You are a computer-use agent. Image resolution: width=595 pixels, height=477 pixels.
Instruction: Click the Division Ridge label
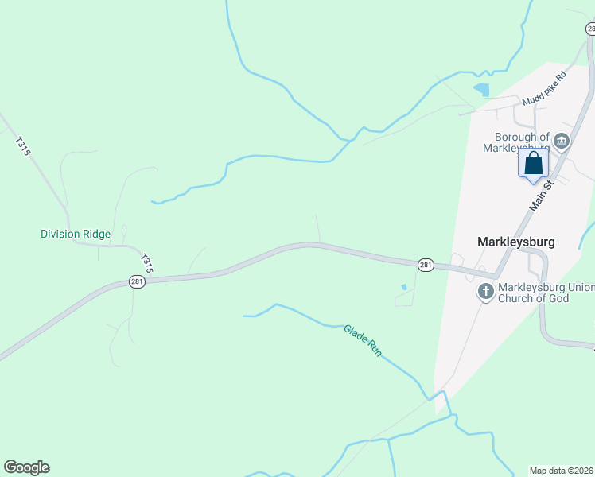coord(76,234)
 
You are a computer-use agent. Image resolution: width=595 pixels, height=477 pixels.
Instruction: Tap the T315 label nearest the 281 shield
coord(146,262)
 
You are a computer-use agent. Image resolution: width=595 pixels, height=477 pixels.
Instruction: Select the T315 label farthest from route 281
coord(22,146)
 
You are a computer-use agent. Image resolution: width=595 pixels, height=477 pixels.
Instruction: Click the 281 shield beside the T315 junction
coord(137,282)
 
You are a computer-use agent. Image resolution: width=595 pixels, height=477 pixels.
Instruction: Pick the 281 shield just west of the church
coord(426,265)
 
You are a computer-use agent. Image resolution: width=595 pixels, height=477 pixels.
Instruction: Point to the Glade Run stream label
coord(364,339)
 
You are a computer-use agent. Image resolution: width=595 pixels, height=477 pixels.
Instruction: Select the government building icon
coord(562,142)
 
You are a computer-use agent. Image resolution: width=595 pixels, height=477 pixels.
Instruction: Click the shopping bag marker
coord(534,165)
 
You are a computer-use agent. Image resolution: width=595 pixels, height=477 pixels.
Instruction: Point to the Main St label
coord(542,195)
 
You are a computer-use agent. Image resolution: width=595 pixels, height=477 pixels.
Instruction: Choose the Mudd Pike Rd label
coord(544,88)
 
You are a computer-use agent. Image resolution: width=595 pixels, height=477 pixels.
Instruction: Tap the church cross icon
coord(485,293)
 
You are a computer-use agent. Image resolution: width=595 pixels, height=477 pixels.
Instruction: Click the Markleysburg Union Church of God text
coord(545,293)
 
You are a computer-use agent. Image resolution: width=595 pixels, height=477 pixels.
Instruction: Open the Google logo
coord(27,467)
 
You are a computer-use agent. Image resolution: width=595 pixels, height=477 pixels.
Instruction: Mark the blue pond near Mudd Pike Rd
coord(481,90)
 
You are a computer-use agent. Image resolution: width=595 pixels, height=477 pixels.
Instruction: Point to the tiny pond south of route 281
coord(404,287)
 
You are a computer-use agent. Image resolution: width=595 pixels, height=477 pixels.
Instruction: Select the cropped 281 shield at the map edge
coord(590,29)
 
